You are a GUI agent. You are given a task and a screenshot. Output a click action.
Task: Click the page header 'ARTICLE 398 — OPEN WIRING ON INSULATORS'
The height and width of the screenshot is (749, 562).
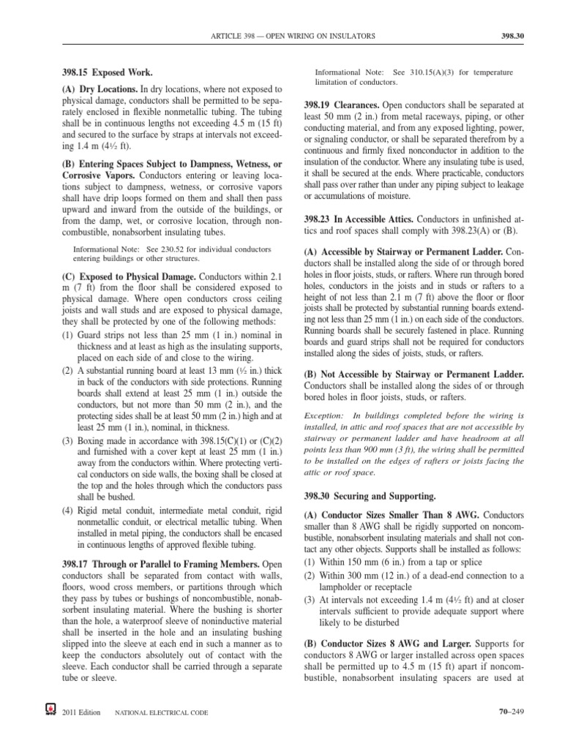pyautogui.click(x=293, y=34)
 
